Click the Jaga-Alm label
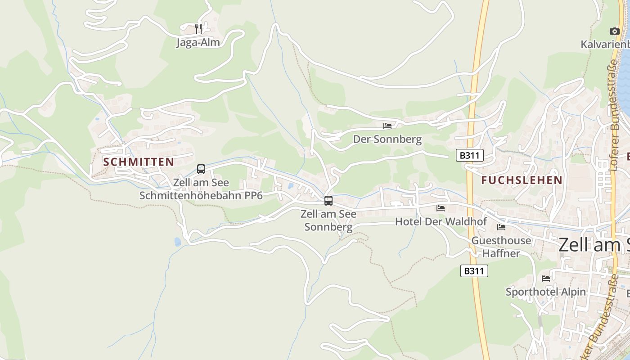(198, 43)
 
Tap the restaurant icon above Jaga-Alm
(198, 29)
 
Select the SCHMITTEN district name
(139, 162)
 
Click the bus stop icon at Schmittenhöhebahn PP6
(201, 169)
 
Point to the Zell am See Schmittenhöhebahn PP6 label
(201, 189)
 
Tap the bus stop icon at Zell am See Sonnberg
(328, 201)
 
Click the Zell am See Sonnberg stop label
(328, 220)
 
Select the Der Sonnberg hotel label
(387, 139)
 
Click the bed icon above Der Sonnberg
(387, 126)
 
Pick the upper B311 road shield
(469, 156)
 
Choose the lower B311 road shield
(474, 271)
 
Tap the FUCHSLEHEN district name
(522, 180)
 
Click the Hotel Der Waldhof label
(441, 221)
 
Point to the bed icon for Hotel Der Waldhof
(441, 208)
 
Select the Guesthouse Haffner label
(501, 247)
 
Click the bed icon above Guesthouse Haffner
(501, 227)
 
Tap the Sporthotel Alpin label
(545, 292)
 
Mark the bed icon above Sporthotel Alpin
(546, 279)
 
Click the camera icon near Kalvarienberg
(614, 31)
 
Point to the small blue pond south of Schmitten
(178, 242)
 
